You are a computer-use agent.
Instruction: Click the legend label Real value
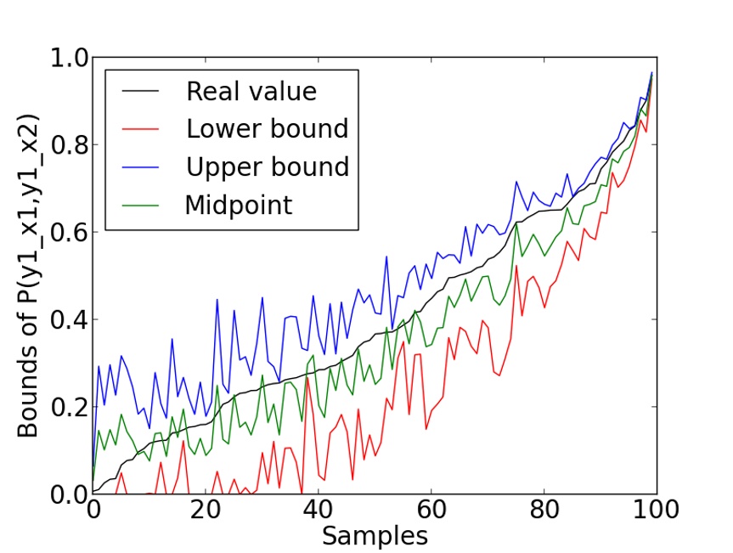coord(251,91)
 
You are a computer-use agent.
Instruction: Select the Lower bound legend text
coord(267,128)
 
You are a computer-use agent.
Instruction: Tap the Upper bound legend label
coord(268,166)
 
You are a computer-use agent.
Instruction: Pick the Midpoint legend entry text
coord(238,205)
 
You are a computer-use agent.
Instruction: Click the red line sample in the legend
coord(143,129)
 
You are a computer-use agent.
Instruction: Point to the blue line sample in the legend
coord(143,167)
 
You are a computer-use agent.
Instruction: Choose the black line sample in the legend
coord(143,92)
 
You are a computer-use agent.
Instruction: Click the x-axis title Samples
coord(374,536)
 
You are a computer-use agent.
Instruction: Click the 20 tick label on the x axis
coord(205,511)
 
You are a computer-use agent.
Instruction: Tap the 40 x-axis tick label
coord(318,511)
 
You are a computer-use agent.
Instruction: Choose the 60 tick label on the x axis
coord(431,511)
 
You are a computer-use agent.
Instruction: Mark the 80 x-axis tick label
coord(544,511)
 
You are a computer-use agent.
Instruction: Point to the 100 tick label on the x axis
coord(656,511)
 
